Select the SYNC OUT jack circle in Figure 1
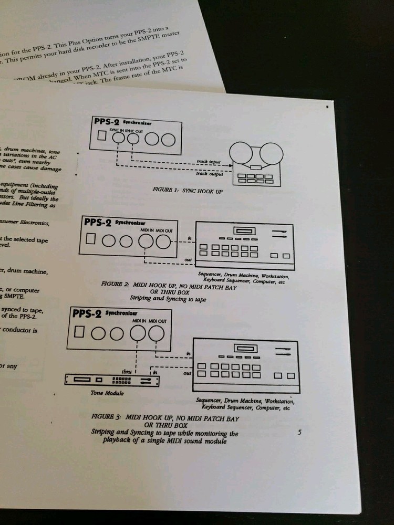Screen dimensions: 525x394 [x=134, y=139]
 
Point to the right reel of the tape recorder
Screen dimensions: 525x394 [x=272, y=153]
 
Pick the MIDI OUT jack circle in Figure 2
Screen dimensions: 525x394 [x=163, y=241]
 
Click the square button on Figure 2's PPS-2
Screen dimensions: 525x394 [x=92, y=239]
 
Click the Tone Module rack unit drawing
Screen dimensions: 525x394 [x=112, y=379]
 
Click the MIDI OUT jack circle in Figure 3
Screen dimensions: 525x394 [x=156, y=333]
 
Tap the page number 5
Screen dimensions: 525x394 [x=299, y=433]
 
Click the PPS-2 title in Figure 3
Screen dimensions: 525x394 [x=86, y=314]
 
